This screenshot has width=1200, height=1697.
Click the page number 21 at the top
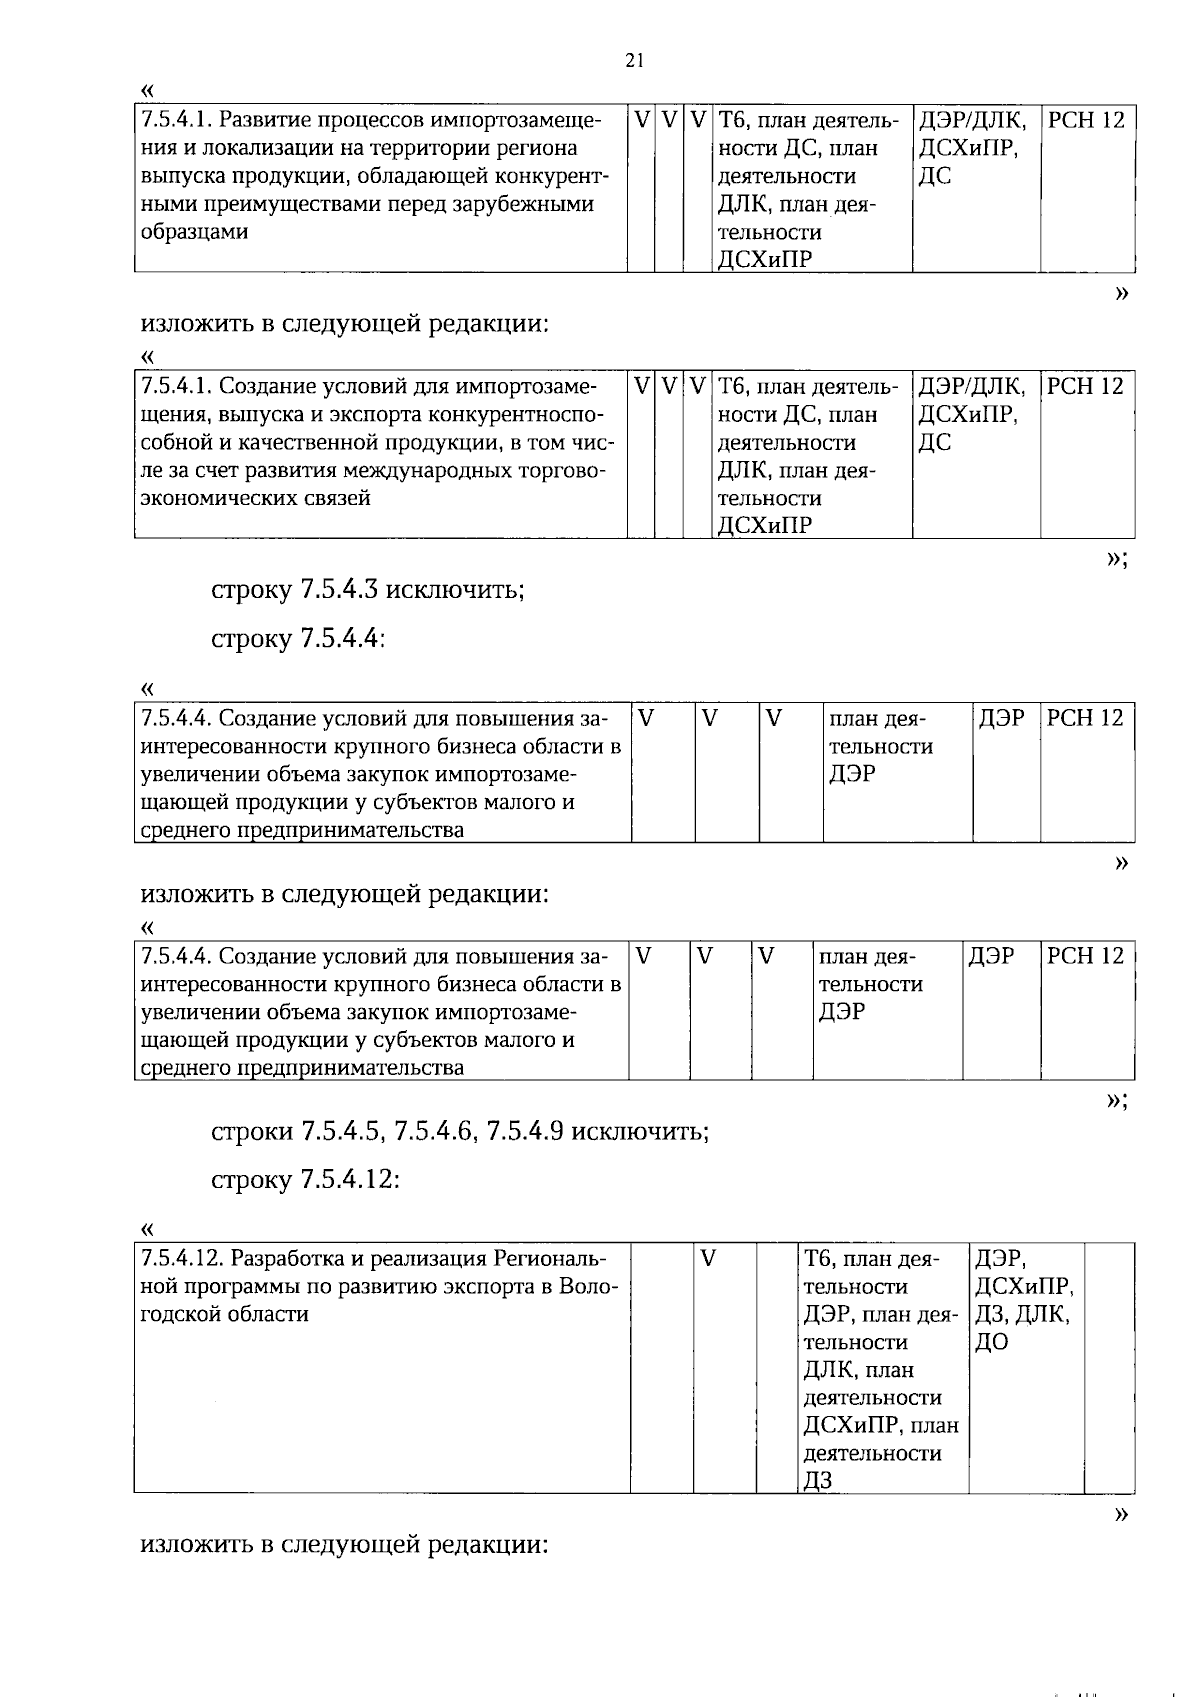[x=633, y=61]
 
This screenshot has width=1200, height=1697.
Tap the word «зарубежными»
[x=524, y=204]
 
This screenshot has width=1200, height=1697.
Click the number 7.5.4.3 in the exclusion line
[x=339, y=589]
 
